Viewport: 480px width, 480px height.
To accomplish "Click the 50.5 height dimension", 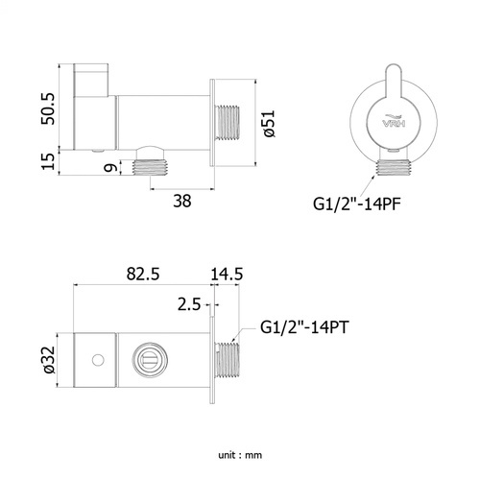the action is [49, 108].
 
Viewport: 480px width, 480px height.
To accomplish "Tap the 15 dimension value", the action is [49, 161].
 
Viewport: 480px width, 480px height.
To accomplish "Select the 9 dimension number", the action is [110, 168].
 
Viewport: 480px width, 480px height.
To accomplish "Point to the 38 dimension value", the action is [182, 201].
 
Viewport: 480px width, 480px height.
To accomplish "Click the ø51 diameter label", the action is [269, 124].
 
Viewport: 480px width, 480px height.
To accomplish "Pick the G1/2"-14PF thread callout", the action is [356, 204].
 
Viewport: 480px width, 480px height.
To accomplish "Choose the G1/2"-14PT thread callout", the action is [304, 327].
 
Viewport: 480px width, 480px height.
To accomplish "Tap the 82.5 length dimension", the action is [143, 274].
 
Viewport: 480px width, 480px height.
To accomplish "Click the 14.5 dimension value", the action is [227, 274].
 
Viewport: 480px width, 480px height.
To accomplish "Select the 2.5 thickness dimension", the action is [189, 304].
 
